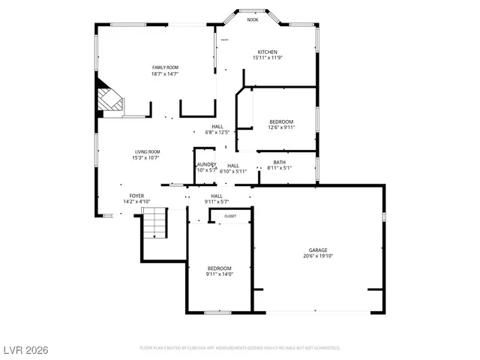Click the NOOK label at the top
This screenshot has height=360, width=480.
(253, 20)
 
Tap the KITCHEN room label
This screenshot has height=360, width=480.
(268, 52)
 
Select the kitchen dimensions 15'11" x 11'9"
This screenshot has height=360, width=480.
(268, 58)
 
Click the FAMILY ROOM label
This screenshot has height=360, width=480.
(165, 67)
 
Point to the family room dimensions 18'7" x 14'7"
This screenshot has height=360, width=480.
(165, 73)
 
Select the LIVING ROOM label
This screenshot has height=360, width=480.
(148, 151)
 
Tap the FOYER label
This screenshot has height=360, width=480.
(136, 196)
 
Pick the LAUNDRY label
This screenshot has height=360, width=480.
(206, 164)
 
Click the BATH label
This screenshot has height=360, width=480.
(279, 162)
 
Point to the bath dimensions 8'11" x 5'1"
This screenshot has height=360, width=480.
(279, 168)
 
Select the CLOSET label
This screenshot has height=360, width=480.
(230, 216)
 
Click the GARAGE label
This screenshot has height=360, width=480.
(318, 250)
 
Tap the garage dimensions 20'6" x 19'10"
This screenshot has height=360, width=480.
(318, 256)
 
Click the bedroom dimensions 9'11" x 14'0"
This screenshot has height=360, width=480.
(220, 274)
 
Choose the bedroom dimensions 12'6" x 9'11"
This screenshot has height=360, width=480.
(281, 127)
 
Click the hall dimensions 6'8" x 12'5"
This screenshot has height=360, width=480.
(217, 133)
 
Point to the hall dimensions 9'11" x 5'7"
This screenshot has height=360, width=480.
(217, 202)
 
